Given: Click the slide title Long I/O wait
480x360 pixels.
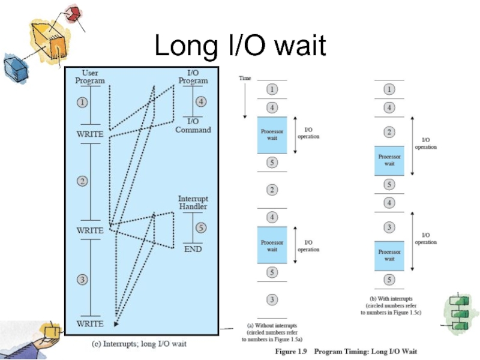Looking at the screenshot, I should tap(240, 46).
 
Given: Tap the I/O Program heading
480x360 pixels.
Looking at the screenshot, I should tap(193, 77).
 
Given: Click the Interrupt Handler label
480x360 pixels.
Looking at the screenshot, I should tap(193, 202).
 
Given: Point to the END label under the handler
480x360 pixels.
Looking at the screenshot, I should tap(193, 248).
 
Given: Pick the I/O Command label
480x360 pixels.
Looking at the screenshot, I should tap(193, 125).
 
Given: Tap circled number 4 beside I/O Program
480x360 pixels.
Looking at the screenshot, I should tap(201, 102).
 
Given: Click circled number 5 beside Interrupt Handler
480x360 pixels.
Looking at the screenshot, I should tap(201, 227).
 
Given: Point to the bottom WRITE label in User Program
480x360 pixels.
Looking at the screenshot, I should tap(89, 323).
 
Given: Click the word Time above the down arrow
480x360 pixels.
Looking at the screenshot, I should tap(245, 78).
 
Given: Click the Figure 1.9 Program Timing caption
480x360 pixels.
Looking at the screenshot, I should tap(346, 351).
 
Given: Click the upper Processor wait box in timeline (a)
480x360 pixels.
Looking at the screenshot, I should tap(272, 134).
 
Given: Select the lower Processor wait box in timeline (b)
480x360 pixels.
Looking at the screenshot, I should tap(389, 255).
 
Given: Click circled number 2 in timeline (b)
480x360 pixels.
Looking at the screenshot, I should tap(389, 132).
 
